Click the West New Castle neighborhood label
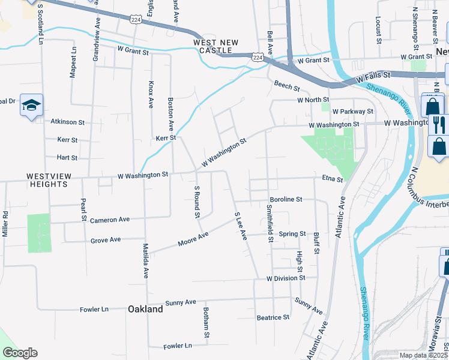point(216,46)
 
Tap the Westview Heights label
point(47,180)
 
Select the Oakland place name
point(145,309)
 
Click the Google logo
point(20,353)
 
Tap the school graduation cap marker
point(31,106)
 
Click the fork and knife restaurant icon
point(439,124)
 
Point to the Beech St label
point(286,86)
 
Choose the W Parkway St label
point(353,112)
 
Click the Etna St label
point(331,179)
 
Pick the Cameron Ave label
point(110,220)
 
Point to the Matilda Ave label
point(146,260)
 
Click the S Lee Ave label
point(241,226)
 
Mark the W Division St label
point(286,278)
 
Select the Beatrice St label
point(273,317)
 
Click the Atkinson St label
point(68,122)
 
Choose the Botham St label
point(205,323)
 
